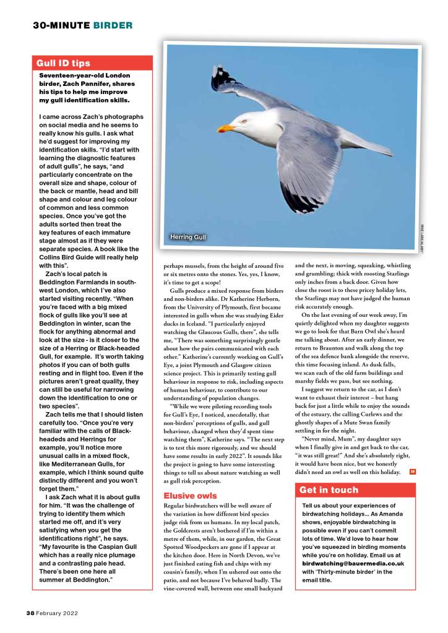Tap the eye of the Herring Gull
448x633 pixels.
pyautogui.click(x=243, y=121)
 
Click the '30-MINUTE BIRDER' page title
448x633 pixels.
pyautogui.click(x=82, y=25)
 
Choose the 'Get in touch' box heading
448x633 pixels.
pyautogui.click(x=329, y=489)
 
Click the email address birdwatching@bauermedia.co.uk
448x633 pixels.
pyautogui.click(x=353, y=564)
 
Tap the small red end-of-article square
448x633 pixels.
pyautogui.click(x=412, y=473)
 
